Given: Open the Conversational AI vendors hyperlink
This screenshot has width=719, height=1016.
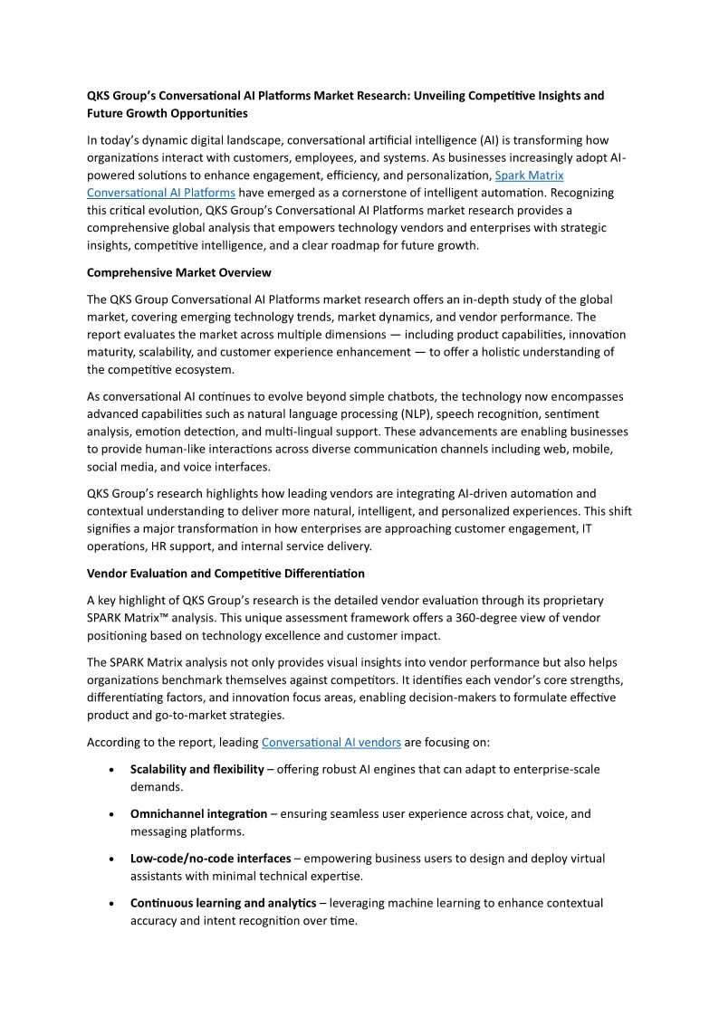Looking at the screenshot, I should pos(331,742).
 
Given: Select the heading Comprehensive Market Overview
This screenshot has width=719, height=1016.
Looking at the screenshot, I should pos(178,272).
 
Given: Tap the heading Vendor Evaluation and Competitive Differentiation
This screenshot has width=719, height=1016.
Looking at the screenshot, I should pos(225,573).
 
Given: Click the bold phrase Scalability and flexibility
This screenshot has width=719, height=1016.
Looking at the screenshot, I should pos(197,769).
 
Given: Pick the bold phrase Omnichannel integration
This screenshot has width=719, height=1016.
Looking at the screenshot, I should pos(198,813).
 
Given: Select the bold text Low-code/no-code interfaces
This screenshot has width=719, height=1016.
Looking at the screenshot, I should pos(210,858).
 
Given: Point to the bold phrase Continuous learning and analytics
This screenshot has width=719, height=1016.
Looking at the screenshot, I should pos(223,903).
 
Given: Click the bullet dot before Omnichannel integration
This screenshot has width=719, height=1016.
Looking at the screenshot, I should pos(110,814).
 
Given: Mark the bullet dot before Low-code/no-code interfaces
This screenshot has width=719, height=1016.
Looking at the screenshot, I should pos(110,859).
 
